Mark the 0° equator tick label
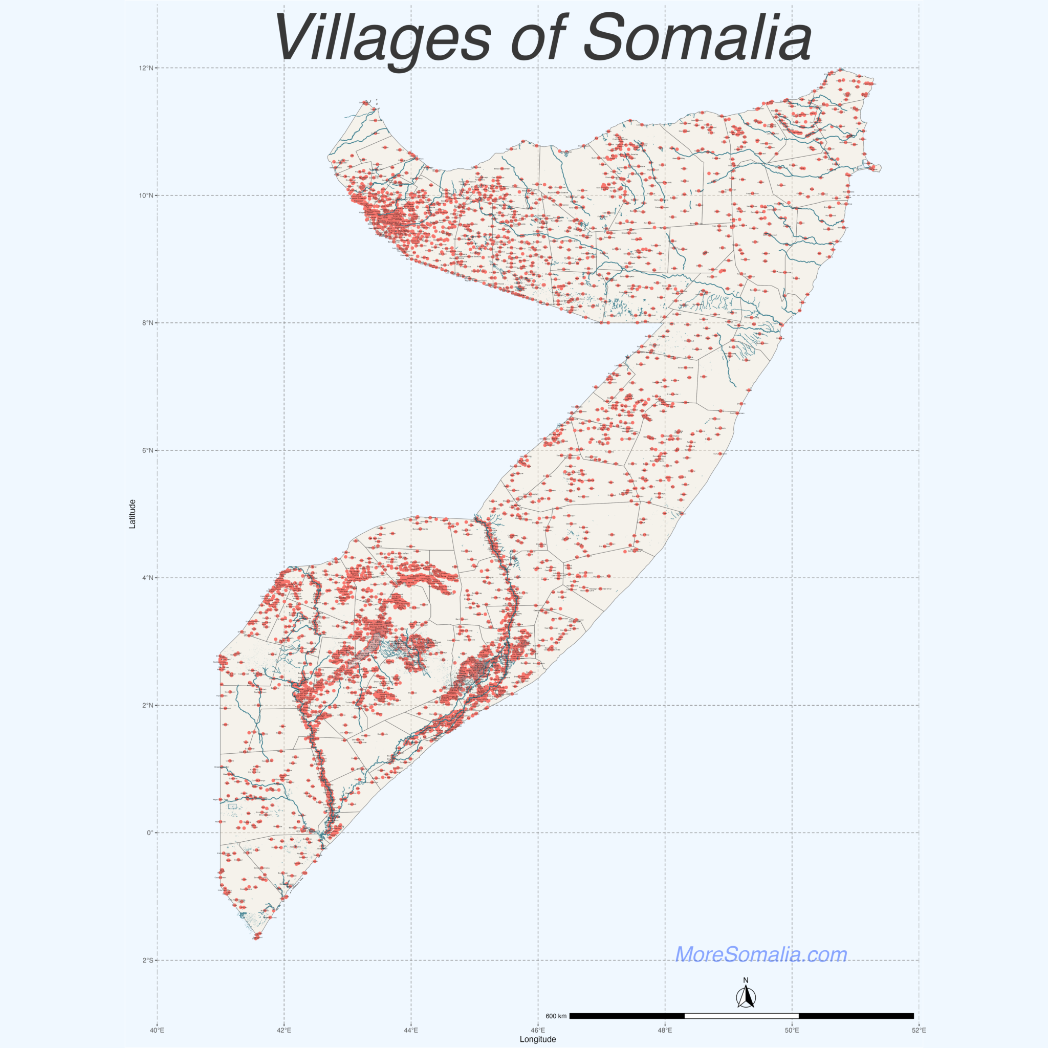150,833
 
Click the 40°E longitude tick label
157,1029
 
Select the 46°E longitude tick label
538,1029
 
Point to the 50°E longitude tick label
792,1029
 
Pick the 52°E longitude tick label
919,1029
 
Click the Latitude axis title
133,514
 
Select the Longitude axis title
538,1039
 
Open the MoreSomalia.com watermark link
760,954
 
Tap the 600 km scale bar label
556,1016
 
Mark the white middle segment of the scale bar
741,1015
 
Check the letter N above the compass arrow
746,980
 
